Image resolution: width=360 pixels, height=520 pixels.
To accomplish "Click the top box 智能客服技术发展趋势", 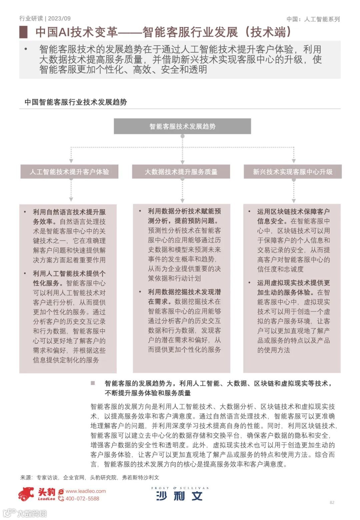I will coord(182,126).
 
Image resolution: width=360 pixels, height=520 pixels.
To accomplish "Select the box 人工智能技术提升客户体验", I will coord(69,172).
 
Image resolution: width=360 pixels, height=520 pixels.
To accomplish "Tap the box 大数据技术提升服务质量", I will coord(181,172).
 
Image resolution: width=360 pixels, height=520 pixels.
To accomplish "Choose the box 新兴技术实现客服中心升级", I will coord(293,172).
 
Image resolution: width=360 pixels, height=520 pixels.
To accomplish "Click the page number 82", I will coord(332,502).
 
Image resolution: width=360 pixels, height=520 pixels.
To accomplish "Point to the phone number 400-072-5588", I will coord(82,499).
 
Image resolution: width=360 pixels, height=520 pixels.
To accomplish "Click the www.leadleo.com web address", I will coord(86,491).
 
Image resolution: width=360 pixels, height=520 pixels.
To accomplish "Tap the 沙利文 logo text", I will coord(179,496).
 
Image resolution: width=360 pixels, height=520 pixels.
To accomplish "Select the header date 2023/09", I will coord(59,18).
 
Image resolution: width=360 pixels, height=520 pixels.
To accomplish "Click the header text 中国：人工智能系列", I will coord(313,19).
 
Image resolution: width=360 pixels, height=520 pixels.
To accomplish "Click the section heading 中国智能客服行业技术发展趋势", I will coord(76,102).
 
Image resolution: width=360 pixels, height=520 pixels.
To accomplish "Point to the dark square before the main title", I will coord(23,32).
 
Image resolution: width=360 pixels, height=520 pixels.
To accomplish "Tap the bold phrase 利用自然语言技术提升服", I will coord(69,212).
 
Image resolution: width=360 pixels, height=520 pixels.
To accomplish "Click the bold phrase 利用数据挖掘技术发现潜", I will coord(184,292).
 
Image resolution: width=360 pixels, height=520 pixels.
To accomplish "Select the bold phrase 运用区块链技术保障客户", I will coord(293,211).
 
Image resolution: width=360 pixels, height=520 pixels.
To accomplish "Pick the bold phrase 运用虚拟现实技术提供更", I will coord(293,283).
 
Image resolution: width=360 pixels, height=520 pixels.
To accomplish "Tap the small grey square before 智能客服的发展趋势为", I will coord(93,383).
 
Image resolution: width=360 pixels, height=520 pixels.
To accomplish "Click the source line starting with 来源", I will coord(90,477).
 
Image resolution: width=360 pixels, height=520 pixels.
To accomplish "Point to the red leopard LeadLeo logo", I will coord(27,494).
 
